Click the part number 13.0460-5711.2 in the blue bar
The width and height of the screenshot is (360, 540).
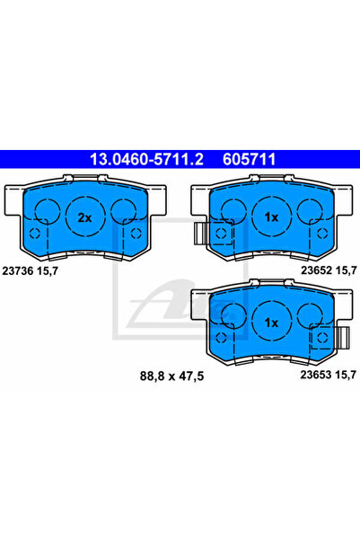pos(146,159)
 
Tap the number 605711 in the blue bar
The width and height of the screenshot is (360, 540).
pos(250,159)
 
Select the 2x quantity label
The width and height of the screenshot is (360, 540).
pos(84,217)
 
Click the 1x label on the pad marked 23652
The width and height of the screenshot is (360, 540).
pos(271,217)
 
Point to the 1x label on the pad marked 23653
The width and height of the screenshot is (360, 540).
pos(271,323)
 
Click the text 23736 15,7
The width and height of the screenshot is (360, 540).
pos(31,271)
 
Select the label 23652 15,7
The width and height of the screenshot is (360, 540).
pos(329,270)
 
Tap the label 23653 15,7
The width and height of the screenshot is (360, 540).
pos(329,375)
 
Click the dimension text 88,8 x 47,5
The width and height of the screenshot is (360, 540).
pos(171,376)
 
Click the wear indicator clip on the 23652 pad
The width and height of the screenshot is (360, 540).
pos(200,234)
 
